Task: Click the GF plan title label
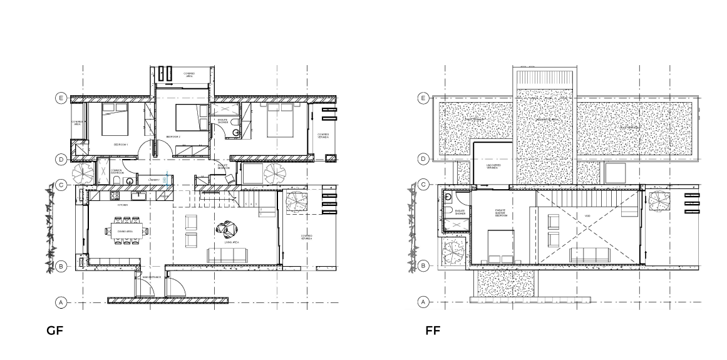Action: [x=54, y=330]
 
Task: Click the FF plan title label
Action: [x=432, y=330]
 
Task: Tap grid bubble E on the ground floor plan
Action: [x=61, y=98]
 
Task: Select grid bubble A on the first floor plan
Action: [x=423, y=302]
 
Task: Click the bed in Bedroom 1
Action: [x=114, y=119]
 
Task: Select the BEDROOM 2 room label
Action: [x=173, y=136]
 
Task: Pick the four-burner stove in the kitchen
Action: [x=115, y=196]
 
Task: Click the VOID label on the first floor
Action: [x=587, y=217]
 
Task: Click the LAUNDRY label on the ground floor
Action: [x=153, y=180]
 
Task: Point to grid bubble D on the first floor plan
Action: [x=423, y=159]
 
